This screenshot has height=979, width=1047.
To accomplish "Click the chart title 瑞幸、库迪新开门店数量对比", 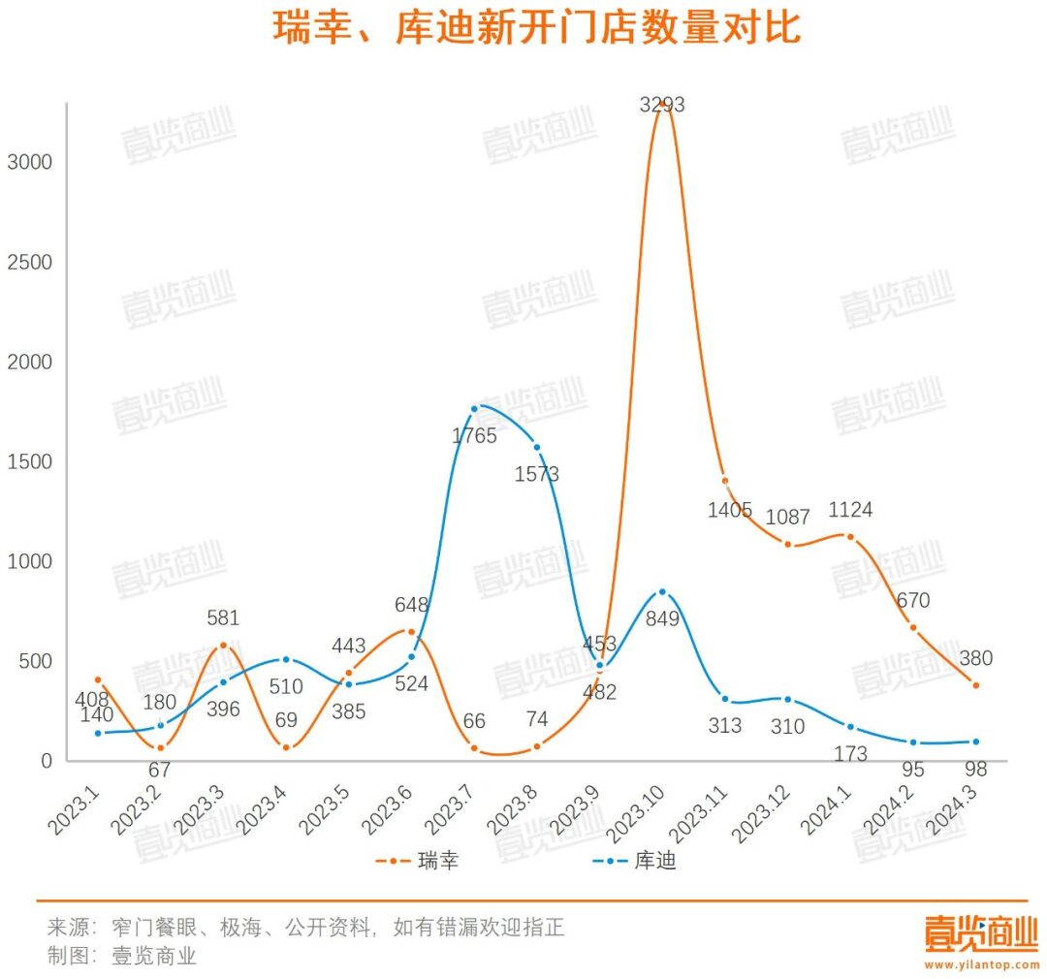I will click(536, 28).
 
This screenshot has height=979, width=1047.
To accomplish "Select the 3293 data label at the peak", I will click(662, 105).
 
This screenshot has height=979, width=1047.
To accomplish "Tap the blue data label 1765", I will click(474, 436).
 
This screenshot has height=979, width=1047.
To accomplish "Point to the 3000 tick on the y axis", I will click(29, 162).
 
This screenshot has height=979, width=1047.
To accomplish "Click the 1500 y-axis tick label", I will click(29, 462).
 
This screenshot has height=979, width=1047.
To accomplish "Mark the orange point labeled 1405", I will click(724, 481).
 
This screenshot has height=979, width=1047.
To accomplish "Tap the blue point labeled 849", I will click(662, 591).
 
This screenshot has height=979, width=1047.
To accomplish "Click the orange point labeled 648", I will click(411, 632).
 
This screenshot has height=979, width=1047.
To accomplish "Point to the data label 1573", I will click(537, 475).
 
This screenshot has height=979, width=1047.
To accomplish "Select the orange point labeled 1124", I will click(850, 536).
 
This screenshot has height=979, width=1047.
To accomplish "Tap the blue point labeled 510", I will click(286, 659).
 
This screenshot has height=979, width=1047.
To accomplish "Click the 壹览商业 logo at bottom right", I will click(981, 934).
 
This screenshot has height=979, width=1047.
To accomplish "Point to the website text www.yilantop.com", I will click(981, 963).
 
